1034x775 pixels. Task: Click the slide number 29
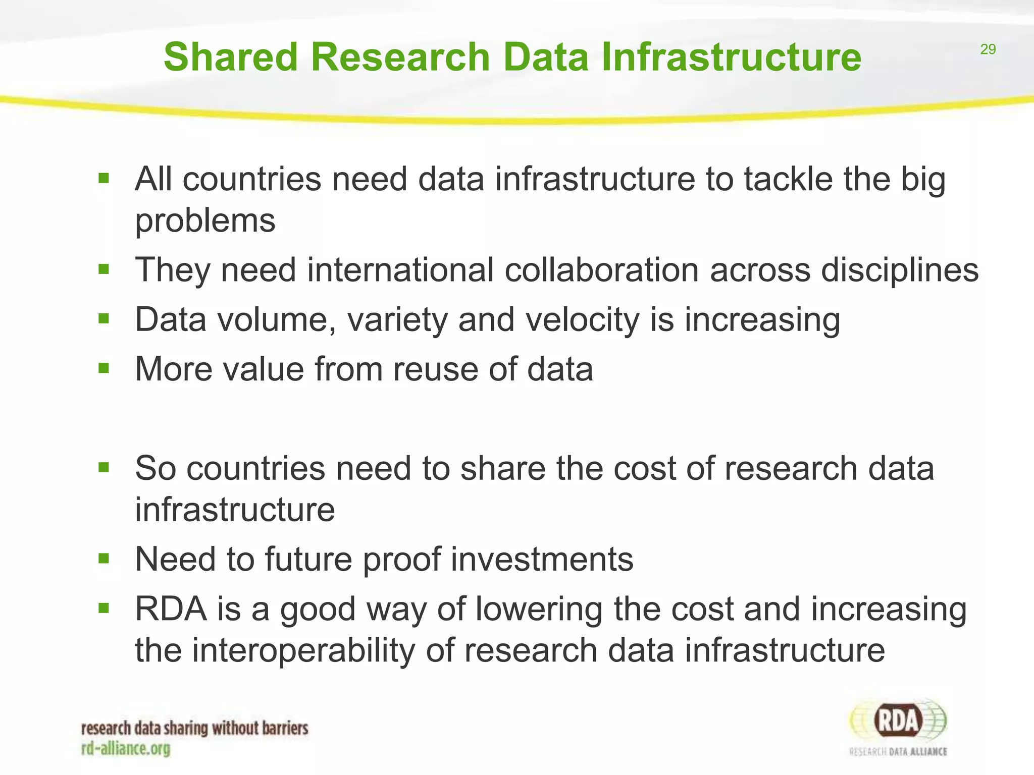[x=988, y=49]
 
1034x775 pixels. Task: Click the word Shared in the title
[x=231, y=57]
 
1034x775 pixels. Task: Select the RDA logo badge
[x=898, y=721]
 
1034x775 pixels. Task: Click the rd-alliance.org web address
[x=126, y=748]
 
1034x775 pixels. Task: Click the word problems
[x=205, y=220]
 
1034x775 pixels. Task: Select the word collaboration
[x=601, y=270]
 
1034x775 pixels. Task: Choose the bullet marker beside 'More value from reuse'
[x=104, y=368]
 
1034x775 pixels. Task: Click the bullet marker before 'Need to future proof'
[x=104, y=559]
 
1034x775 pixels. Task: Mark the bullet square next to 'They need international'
[x=104, y=269]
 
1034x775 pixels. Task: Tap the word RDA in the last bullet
[x=171, y=609]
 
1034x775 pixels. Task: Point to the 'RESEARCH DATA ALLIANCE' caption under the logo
[x=898, y=752]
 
